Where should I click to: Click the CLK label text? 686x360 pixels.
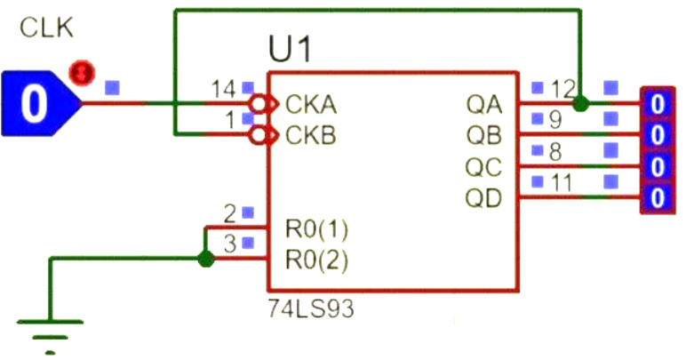point(46,29)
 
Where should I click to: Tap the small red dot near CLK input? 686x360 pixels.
point(82,70)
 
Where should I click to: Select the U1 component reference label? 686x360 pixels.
point(291,50)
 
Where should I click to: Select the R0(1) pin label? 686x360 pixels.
point(316,229)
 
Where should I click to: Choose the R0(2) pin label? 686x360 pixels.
point(316,260)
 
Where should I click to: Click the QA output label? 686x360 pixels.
point(483,105)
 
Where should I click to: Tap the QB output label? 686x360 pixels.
point(483,136)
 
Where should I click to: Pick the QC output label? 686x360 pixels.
point(483,167)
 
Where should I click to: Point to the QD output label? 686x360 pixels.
point(483,197)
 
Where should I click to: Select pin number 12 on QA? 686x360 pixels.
point(562,89)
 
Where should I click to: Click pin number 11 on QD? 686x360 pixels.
point(561,182)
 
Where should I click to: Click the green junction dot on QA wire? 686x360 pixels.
point(580,104)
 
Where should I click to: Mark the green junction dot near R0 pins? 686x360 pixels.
point(206,260)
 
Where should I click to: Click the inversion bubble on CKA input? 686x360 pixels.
point(259,105)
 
